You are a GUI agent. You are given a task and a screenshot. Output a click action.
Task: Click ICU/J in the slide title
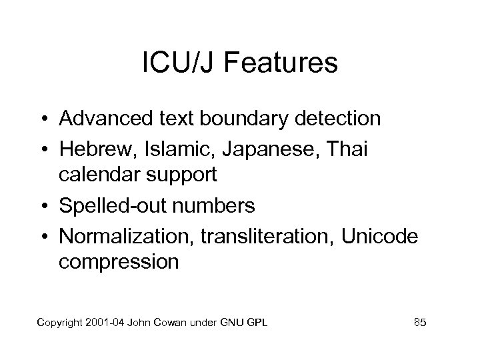click(x=173, y=64)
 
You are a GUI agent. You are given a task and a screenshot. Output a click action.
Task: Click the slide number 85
click(x=420, y=323)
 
